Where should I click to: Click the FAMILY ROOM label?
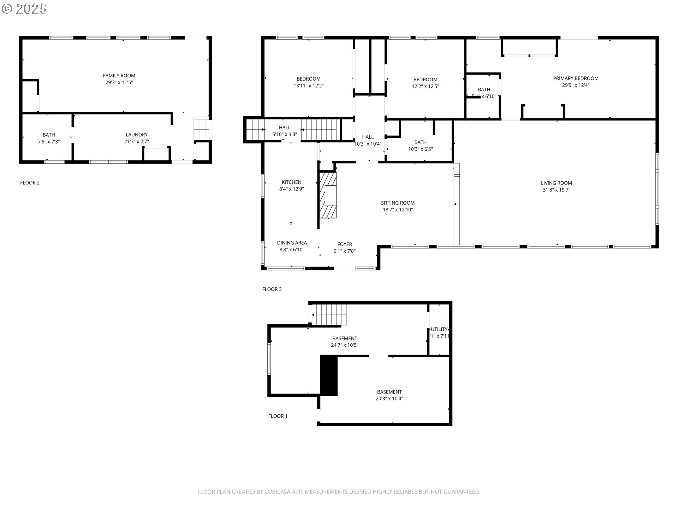(x=119, y=75)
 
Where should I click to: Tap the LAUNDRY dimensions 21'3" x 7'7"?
(x=137, y=141)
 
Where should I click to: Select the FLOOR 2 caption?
(x=30, y=183)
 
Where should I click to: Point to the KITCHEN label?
(x=291, y=182)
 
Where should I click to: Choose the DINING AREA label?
(x=292, y=243)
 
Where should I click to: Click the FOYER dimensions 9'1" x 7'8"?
(x=344, y=251)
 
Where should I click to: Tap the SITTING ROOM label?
(x=398, y=203)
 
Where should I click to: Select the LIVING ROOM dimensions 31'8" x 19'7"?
(x=556, y=190)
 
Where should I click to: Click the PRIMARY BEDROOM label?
(x=576, y=78)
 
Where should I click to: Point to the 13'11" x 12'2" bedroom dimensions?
(x=308, y=86)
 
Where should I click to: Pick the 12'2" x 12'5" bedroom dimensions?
(x=425, y=86)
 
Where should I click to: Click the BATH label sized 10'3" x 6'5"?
(x=420, y=142)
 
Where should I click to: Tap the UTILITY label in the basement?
(x=439, y=329)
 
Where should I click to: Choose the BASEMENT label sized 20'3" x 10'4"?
(x=389, y=392)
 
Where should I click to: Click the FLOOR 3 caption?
(x=272, y=289)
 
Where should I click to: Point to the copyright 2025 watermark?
(x=24, y=8)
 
